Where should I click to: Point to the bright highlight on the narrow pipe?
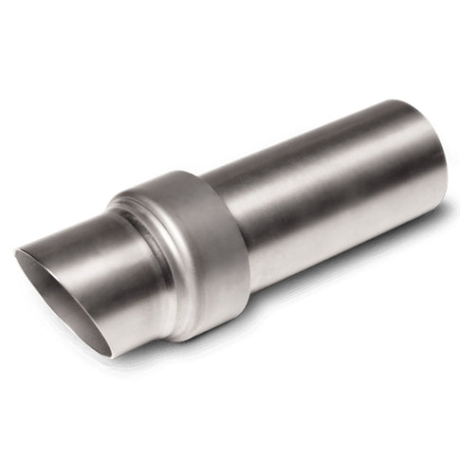(x=313, y=152)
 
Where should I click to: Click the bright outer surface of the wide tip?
(x=95, y=242)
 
